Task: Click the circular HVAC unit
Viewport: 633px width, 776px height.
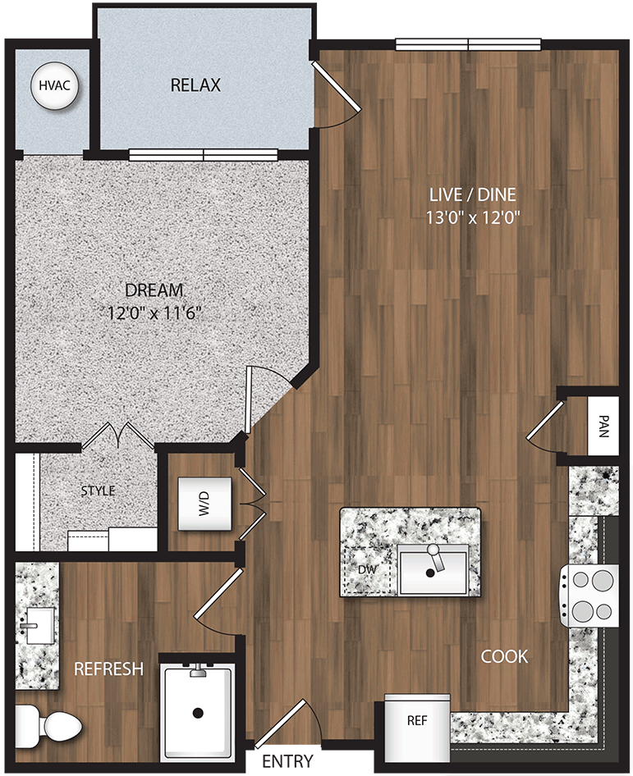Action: point(55,86)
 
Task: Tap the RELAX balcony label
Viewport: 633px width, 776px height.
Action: point(195,85)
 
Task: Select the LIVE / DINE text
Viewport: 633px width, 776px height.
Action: point(472,194)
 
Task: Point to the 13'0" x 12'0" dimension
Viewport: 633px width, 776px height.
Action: point(472,217)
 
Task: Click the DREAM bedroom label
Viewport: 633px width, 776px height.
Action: point(154,290)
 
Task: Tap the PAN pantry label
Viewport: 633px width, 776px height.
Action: point(603,427)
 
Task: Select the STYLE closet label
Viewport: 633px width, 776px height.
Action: point(98,491)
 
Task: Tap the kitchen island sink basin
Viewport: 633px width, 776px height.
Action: point(433,570)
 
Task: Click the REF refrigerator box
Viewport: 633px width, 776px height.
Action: point(417,721)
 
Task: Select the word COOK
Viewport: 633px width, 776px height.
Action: point(504,656)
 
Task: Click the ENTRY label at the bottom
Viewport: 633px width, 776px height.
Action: point(287,761)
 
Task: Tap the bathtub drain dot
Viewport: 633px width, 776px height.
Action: point(197,713)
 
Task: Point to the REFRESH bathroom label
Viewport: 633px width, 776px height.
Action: point(108,669)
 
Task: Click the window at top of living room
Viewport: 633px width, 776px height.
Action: point(468,45)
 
